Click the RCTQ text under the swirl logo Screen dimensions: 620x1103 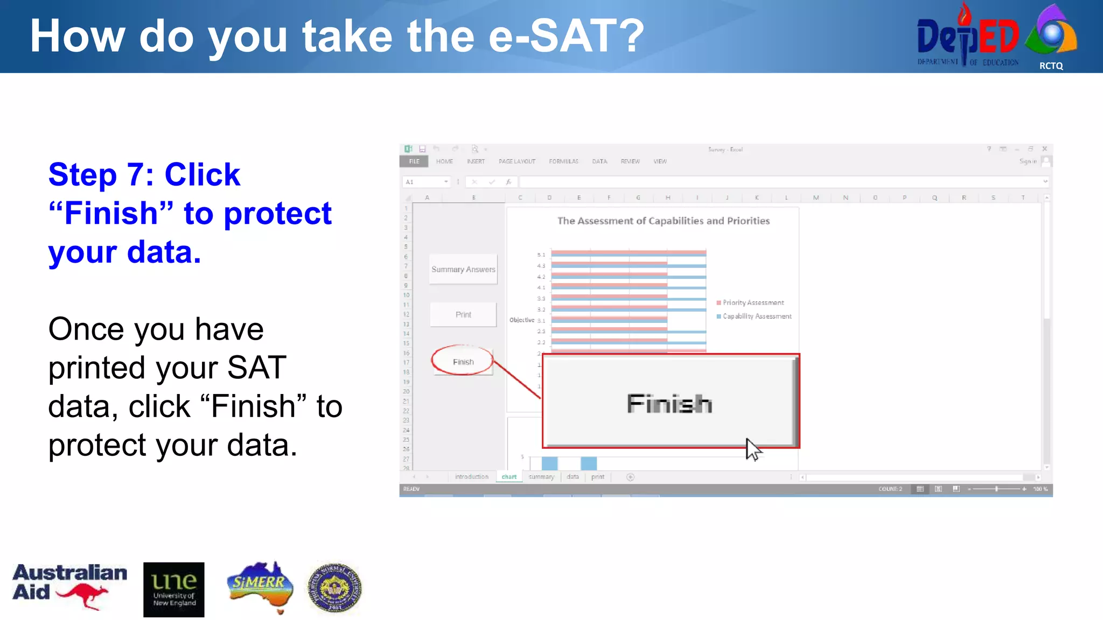[1051, 66]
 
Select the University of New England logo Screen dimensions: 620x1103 [173, 589]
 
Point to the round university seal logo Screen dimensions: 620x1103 [334, 588]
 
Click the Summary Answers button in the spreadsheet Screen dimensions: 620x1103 [463, 269]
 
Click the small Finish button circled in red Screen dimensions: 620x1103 [463, 362]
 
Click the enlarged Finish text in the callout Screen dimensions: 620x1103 [669, 404]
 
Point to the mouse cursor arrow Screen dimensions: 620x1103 [752, 449]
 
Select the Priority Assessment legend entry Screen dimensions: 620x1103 [752, 302]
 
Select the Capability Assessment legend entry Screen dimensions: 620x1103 [756, 316]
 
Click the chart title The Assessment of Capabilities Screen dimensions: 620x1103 [663, 221]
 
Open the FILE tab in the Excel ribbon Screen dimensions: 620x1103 [414, 161]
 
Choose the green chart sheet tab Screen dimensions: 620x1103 [508, 477]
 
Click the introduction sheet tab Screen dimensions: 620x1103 [471, 477]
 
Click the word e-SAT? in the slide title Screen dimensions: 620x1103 [566, 36]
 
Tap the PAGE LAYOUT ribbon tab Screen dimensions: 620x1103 [516, 161]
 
